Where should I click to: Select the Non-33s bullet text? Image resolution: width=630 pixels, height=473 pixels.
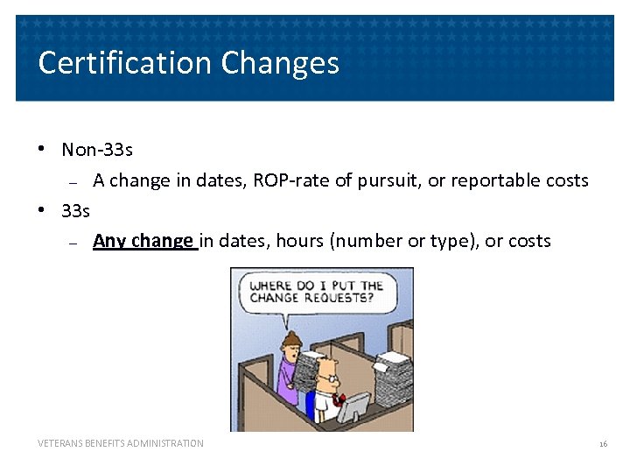[97, 150]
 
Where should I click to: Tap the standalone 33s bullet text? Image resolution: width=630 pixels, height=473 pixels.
[76, 210]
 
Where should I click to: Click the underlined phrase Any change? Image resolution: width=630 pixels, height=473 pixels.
[143, 241]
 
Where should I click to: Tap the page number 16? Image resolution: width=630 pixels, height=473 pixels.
[603, 444]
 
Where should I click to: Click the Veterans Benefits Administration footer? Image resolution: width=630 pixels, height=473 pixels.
[121, 444]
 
